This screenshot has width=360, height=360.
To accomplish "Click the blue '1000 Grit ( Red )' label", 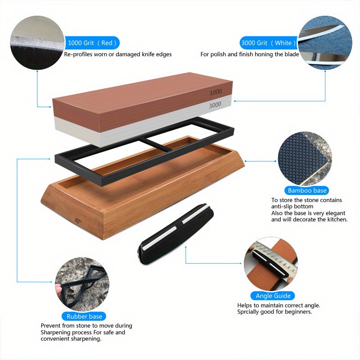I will (x=92, y=43).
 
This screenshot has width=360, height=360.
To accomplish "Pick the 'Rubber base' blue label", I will (x=84, y=316).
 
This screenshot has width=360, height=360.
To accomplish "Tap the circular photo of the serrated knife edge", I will (x=37, y=43).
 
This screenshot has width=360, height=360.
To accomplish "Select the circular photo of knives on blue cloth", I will (x=324, y=43).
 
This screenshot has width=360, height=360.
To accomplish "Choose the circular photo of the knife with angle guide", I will (x=271, y=264).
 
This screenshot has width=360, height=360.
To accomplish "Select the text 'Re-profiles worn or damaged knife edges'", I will (x=118, y=54).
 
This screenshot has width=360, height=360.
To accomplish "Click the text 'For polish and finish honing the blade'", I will (x=250, y=54).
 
